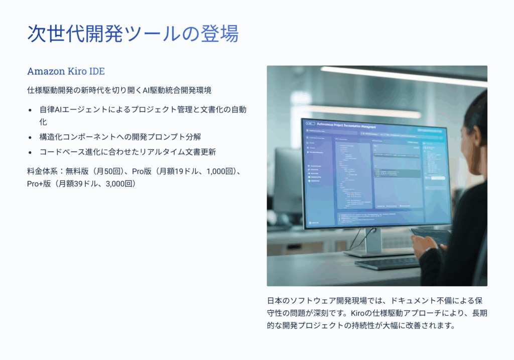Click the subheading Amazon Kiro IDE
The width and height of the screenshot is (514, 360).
click(x=66, y=71)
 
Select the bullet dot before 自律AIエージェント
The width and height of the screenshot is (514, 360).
click(x=30, y=110)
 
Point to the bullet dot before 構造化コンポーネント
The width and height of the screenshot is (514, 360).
click(x=30, y=137)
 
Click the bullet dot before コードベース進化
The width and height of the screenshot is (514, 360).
click(x=30, y=152)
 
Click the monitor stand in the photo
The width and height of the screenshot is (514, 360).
click(x=372, y=241)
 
